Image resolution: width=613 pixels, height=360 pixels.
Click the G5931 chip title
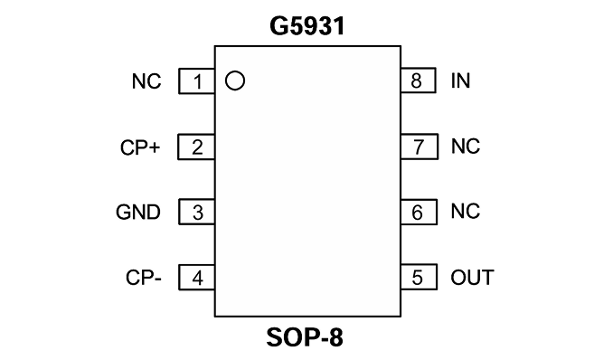307,26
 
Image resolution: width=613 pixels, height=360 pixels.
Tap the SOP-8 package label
305,337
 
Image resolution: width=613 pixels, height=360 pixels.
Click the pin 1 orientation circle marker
235,81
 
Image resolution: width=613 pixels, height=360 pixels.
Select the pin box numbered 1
196,81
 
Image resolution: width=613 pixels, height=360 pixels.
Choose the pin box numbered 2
196,147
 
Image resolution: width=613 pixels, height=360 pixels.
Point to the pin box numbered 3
196,212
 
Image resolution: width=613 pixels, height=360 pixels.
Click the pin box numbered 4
196,277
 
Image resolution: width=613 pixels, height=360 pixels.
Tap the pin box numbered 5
419,277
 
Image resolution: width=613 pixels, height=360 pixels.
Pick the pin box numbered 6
419,212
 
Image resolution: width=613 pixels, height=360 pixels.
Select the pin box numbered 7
420,147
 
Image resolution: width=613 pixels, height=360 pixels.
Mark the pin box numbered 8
419,81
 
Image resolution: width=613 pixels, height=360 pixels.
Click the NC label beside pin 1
146,81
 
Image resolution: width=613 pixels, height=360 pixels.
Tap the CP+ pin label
140,147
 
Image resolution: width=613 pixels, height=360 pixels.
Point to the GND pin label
138,212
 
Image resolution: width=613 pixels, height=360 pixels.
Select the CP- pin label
144,278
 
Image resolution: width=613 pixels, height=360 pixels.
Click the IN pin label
460,81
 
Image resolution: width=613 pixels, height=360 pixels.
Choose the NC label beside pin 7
466,147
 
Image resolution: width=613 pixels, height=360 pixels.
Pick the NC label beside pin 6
466,212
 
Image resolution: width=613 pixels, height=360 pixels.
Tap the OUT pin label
472,278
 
